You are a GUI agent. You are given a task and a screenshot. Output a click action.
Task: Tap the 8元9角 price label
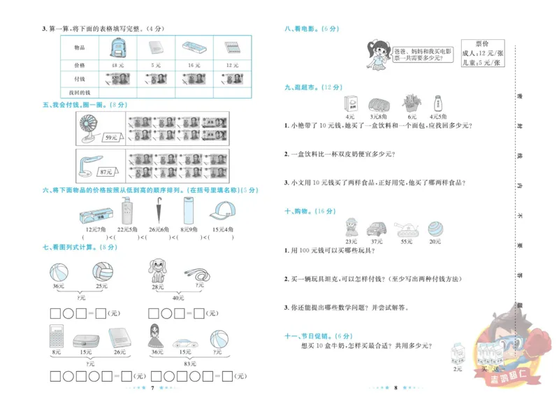pyautogui.click(x=189, y=229)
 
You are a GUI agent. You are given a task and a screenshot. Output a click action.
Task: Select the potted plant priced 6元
pyautogui.click(x=411, y=104)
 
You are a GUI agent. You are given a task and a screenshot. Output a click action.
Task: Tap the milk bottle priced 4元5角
pyautogui.click(x=439, y=105)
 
